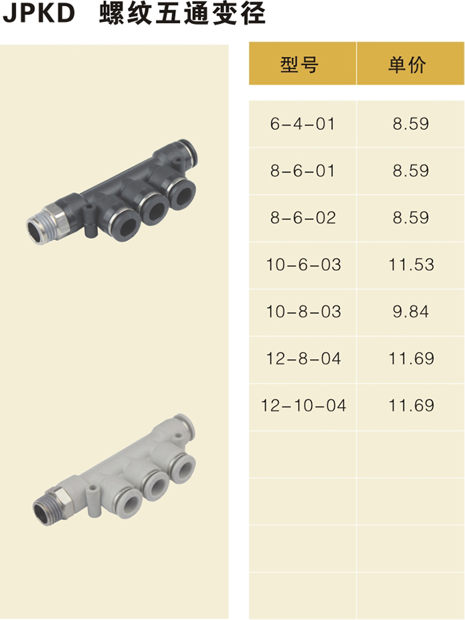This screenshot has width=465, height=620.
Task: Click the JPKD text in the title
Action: (39, 12)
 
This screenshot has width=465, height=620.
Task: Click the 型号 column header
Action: (299, 64)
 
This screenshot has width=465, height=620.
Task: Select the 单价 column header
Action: (407, 64)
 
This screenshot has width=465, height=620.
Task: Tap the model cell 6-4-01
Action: (303, 124)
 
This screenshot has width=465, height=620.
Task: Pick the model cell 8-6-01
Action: (303, 171)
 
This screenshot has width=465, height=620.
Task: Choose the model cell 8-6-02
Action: (303, 218)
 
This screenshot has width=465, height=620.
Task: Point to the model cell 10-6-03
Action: (304, 265)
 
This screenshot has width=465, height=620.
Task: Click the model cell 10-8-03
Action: (304, 312)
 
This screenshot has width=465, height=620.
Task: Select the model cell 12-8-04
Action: (304, 359)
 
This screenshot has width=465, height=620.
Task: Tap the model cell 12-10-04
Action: (304, 406)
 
